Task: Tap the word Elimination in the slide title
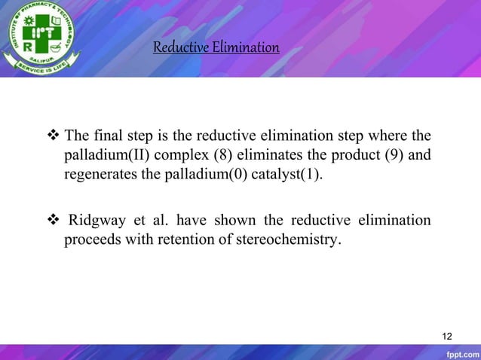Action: (x=245, y=48)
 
